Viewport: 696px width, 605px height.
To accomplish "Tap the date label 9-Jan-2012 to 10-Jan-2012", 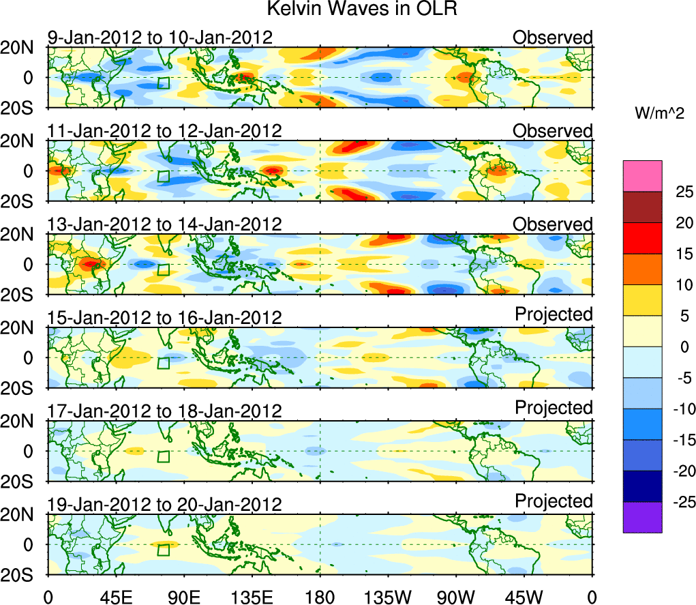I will tap(160, 38).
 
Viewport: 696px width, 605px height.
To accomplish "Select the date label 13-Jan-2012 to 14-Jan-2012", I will tap(164, 224).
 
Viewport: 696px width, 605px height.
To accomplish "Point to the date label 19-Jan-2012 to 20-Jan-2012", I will tap(164, 504).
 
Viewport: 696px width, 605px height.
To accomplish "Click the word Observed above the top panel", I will tap(552, 38).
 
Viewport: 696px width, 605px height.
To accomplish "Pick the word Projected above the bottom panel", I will tap(554, 501).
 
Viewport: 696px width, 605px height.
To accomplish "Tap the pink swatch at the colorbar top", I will tap(641, 176).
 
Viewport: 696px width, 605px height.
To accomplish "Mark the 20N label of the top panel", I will tap(22, 48).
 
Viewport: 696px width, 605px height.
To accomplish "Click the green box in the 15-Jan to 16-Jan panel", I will tap(163, 363).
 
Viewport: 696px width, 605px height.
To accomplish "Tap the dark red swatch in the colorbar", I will tap(641, 207).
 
